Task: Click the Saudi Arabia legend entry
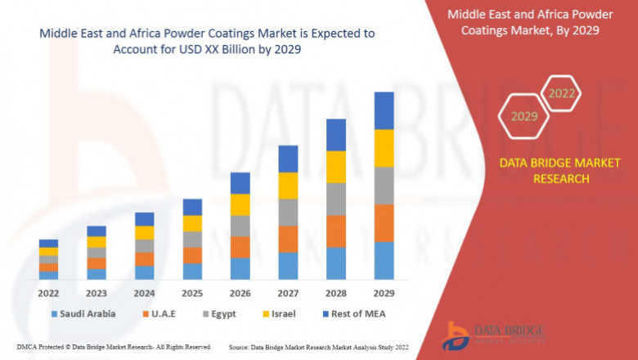pyautogui.click(x=83, y=313)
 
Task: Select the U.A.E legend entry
pyautogui.click(x=164, y=313)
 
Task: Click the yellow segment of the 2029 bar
pyautogui.click(x=384, y=148)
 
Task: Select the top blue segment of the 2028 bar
pyautogui.click(x=336, y=135)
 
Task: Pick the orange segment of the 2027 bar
pyautogui.click(x=288, y=239)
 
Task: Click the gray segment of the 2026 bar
pyautogui.click(x=240, y=226)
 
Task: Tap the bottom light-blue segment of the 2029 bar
pyautogui.click(x=384, y=260)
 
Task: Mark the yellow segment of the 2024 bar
pyautogui.click(x=144, y=232)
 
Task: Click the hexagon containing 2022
pyautogui.click(x=561, y=94)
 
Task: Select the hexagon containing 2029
pyautogui.click(x=523, y=117)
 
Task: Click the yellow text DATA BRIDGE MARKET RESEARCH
pyautogui.click(x=544, y=171)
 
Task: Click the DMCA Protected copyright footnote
pyautogui.click(x=114, y=347)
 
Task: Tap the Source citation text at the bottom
pyautogui.click(x=320, y=347)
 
